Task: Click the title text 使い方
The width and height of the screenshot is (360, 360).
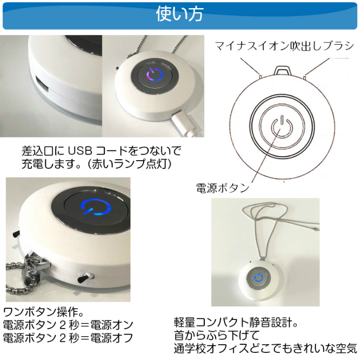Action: (x=180, y=14)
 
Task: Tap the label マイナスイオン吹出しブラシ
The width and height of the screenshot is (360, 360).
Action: (x=284, y=46)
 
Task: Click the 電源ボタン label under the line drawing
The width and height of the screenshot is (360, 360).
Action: (x=223, y=188)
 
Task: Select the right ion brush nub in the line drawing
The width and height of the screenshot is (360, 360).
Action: (x=304, y=77)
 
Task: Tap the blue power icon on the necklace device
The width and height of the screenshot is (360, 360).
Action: (x=259, y=277)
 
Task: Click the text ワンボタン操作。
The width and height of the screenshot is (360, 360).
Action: (x=44, y=311)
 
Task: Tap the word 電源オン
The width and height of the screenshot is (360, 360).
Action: (x=112, y=325)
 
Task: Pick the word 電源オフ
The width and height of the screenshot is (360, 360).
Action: (x=112, y=338)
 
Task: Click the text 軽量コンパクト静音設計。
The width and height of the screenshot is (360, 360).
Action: (x=236, y=322)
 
